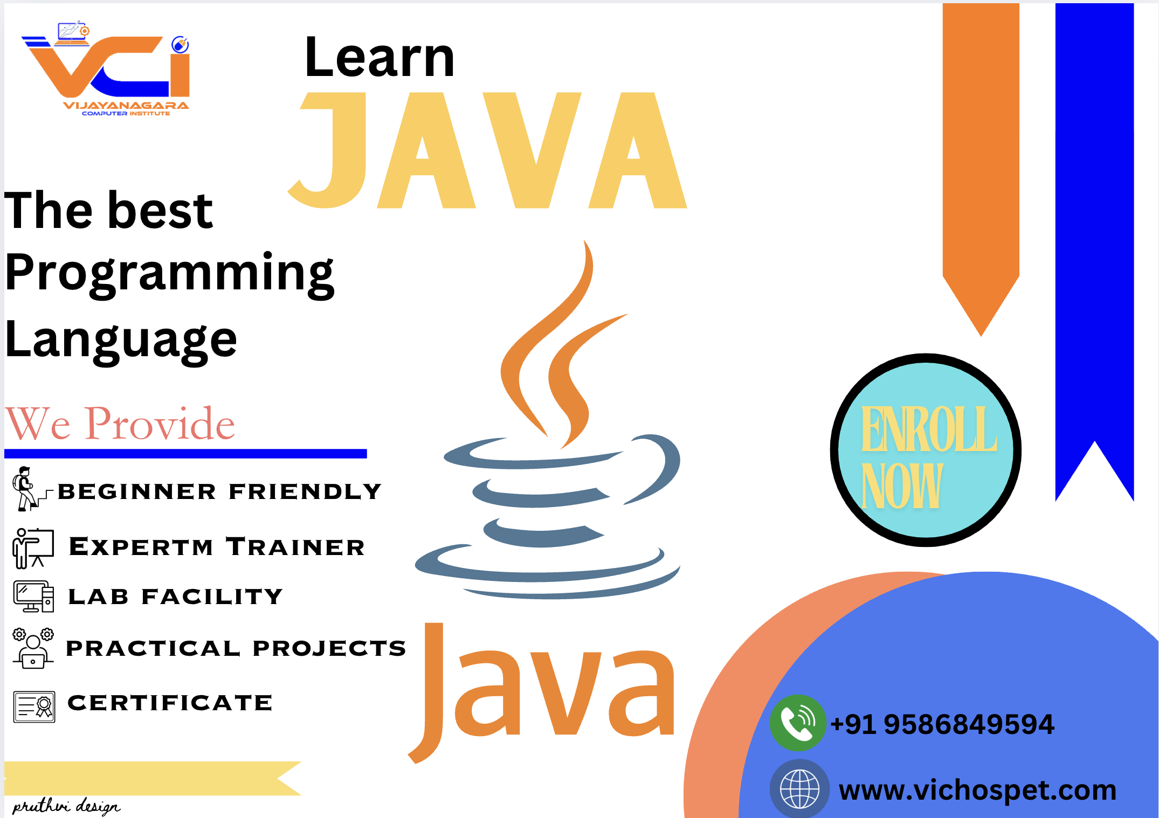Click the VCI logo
tap(106, 68)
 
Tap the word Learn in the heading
tap(380, 57)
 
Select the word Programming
tap(169, 274)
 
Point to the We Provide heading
tap(120, 424)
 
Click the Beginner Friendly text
tap(219, 491)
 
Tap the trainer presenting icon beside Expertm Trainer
tap(33, 548)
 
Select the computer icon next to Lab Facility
tap(33, 597)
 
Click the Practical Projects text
tap(236, 648)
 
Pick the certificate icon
tap(34, 707)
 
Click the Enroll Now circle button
tap(926, 450)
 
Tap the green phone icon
tap(798, 723)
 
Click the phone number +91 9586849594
tap(942, 724)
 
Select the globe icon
tap(800, 788)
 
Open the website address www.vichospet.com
tap(977, 791)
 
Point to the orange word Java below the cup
tap(541, 693)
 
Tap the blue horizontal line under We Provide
tap(185, 454)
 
